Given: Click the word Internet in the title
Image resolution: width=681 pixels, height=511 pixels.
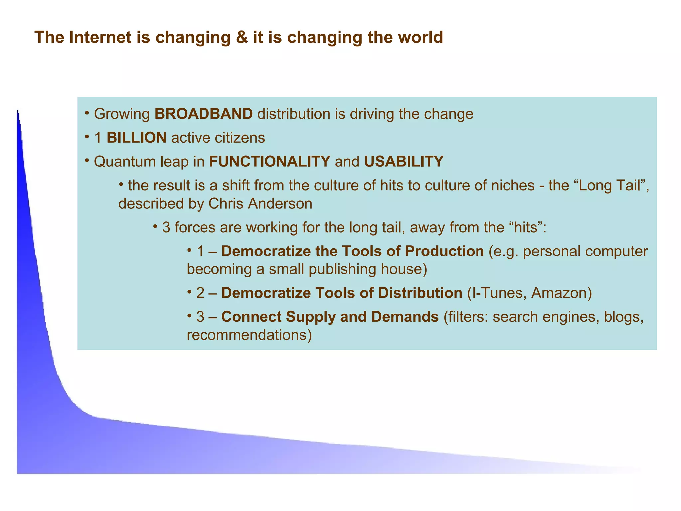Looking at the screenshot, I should [100, 37].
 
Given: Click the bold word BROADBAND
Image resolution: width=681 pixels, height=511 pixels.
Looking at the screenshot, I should [204, 114].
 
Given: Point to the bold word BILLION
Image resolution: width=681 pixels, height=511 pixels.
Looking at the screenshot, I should [136, 138].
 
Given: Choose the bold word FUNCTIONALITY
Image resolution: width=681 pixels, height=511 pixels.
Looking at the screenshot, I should [269, 162].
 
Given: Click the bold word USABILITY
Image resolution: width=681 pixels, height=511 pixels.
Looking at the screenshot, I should [404, 162].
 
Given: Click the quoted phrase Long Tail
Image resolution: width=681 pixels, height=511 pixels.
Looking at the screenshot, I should [610, 186].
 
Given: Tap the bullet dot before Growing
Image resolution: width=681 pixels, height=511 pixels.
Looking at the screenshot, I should [87, 113].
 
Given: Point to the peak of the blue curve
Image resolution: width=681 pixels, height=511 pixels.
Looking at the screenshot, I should [18, 112].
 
